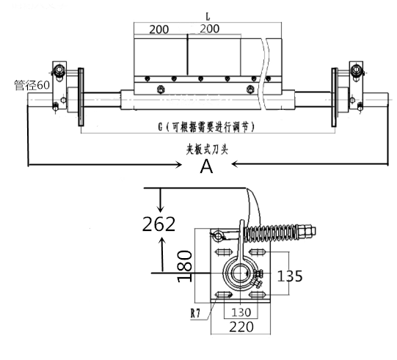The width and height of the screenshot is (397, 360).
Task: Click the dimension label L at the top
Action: point(208,16)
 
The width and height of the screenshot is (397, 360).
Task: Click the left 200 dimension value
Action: point(159,29)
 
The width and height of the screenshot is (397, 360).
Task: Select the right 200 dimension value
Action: point(210,29)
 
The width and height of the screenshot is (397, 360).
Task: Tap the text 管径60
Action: point(32,85)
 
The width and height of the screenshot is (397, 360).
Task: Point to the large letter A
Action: point(207,166)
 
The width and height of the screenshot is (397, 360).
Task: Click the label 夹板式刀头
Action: point(207,150)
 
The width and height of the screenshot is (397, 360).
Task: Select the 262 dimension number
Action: point(159,224)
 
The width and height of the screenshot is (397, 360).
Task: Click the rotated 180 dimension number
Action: point(185,266)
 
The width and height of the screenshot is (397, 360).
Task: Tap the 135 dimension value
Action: point(290,276)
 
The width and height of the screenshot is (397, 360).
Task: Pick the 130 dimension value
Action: point(241,312)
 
